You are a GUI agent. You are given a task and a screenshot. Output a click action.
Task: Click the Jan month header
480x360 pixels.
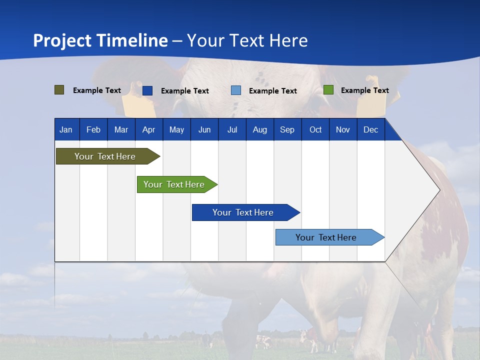[x=66, y=130]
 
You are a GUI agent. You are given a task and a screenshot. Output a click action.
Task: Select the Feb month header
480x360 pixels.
[x=93, y=130]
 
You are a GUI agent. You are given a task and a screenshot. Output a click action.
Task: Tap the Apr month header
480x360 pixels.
[x=148, y=130]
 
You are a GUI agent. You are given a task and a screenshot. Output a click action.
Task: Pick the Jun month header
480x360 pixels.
[x=204, y=130]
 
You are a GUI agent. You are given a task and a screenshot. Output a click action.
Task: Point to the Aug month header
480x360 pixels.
[x=259, y=130]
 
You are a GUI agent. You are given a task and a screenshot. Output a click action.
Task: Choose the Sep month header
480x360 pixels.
[x=287, y=130]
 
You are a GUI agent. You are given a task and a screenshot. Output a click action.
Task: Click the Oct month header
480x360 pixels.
[x=315, y=130]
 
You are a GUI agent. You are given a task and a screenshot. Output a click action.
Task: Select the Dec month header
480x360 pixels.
[x=370, y=130]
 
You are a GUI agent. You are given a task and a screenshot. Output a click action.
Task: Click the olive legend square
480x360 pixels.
[x=59, y=90]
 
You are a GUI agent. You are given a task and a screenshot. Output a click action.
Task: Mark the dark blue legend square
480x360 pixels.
[x=147, y=90]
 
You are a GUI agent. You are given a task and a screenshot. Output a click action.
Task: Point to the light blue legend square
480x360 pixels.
[x=236, y=90]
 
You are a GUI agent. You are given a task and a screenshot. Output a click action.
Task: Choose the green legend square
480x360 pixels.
[x=328, y=90]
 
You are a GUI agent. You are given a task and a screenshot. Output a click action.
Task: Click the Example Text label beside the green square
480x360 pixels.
[x=364, y=90]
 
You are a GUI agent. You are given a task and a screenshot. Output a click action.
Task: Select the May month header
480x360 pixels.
[x=176, y=130]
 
